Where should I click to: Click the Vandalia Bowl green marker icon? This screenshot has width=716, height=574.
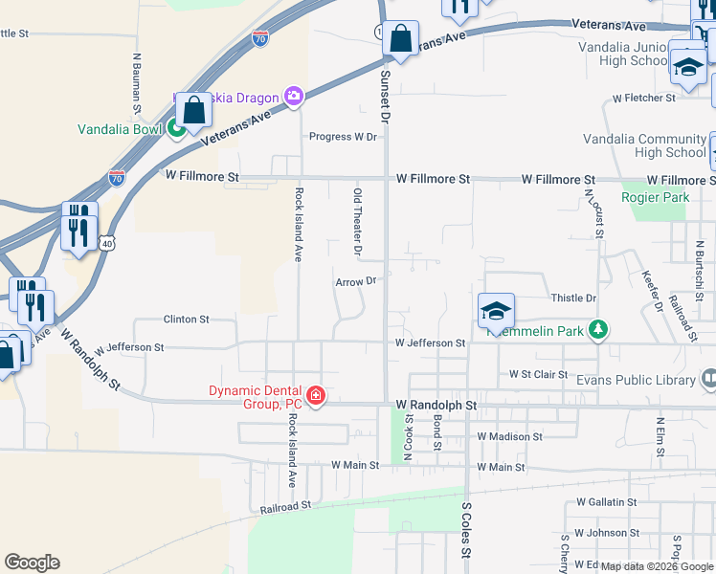click(177, 126)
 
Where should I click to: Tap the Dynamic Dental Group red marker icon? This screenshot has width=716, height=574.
click(315, 396)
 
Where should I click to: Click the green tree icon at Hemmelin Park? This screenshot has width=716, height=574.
click(598, 329)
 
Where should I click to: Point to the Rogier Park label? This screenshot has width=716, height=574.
click(655, 198)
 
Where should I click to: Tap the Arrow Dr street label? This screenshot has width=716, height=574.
click(357, 281)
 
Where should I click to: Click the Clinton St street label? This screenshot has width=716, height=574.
click(186, 319)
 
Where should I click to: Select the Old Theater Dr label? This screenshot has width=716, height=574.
click(357, 223)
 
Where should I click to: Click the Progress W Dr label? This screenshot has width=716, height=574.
click(343, 137)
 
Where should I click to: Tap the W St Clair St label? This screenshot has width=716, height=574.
click(539, 374)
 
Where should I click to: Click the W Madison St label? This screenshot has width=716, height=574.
click(509, 436)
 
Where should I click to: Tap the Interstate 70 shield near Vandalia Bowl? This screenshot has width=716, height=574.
click(116, 177)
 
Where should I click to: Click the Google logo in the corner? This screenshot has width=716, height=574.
click(32, 563)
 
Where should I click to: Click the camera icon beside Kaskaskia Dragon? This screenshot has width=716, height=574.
click(293, 96)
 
